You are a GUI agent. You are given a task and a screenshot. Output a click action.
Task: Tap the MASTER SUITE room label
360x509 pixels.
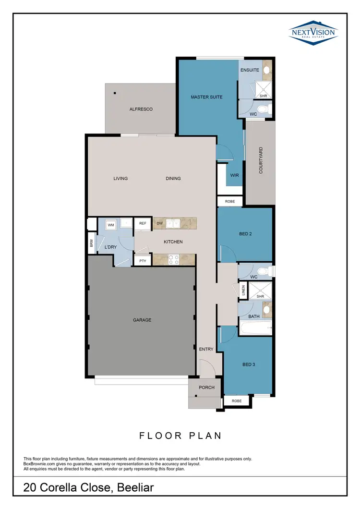(206, 97)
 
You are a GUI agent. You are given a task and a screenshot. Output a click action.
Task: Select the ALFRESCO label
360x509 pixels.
(141, 109)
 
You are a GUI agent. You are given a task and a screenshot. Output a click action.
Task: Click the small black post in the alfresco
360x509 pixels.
(115, 93)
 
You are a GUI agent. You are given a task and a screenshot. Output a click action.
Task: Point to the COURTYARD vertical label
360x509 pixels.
(261, 160)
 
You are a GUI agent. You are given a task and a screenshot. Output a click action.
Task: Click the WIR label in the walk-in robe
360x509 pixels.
(234, 175)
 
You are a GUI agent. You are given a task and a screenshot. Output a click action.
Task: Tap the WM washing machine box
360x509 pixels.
(110, 224)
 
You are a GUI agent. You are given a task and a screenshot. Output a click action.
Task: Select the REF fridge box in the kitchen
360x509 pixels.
(143, 223)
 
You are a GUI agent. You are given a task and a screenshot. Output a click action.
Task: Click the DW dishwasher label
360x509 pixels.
(160, 223)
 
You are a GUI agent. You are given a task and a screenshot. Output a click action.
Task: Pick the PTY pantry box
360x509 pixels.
(143, 261)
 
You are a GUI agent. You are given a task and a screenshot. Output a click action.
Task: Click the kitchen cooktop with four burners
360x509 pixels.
(173, 260)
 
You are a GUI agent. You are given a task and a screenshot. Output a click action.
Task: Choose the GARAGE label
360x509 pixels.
(142, 320)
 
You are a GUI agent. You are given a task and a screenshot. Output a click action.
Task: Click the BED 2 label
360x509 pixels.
(245, 234)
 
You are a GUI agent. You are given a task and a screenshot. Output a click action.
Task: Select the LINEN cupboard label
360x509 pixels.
(243, 291)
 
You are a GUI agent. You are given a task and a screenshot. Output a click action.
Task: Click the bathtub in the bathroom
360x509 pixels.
(256, 329)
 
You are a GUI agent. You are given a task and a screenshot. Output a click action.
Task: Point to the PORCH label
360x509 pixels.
(206, 387)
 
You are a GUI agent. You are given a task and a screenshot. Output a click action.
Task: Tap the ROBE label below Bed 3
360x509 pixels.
(236, 400)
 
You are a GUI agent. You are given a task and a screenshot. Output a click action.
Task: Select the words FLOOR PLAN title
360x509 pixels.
(180, 436)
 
